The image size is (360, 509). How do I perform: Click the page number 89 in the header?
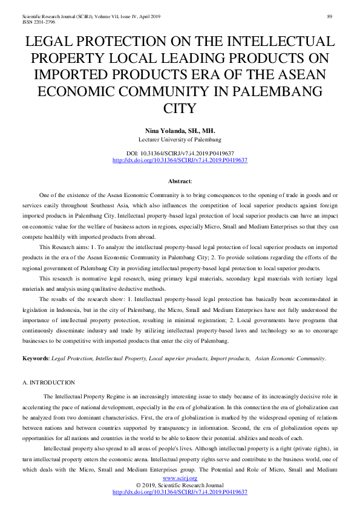tap(330, 16)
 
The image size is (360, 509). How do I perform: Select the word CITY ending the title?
tap(180, 109)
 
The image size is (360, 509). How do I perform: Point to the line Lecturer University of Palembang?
tap(180, 140)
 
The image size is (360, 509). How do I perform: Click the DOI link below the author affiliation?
tap(180, 160)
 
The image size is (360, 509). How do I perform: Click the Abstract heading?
tap(180, 181)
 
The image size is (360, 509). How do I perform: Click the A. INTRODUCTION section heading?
tap(48, 383)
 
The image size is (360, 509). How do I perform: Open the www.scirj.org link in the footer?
tap(180, 478)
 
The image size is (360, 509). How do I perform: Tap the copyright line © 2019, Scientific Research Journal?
tap(180, 485)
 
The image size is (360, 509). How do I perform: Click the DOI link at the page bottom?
tap(180, 493)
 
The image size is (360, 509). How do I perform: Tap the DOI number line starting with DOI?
tap(180, 154)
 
